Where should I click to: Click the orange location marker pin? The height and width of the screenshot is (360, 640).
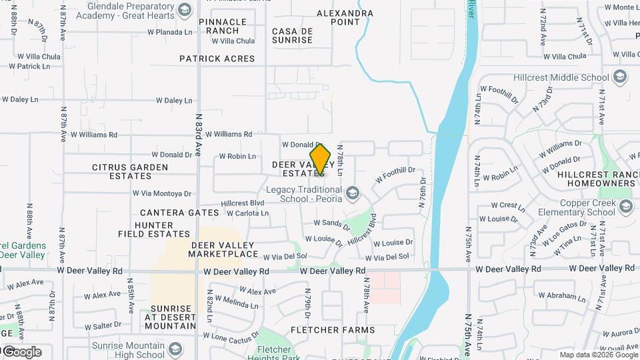click(321, 160)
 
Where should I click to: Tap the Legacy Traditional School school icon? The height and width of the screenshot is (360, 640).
click(352, 194)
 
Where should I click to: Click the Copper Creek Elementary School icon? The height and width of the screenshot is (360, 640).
click(625, 207)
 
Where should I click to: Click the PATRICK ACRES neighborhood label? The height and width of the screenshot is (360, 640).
click(217, 59)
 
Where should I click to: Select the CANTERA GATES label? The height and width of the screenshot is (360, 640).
click(179, 213)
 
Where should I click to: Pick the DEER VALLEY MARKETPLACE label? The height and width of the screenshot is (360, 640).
click(224, 249)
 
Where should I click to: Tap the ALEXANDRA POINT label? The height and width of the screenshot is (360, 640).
click(345, 17)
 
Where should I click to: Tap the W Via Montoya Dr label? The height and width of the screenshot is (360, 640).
click(161, 194)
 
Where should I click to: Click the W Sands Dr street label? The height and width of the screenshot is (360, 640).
click(331, 224)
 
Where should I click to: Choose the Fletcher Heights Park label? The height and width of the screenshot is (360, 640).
click(274, 354)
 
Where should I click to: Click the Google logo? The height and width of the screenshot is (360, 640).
click(21, 352)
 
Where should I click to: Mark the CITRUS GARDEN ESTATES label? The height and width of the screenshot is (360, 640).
click(122, 171)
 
